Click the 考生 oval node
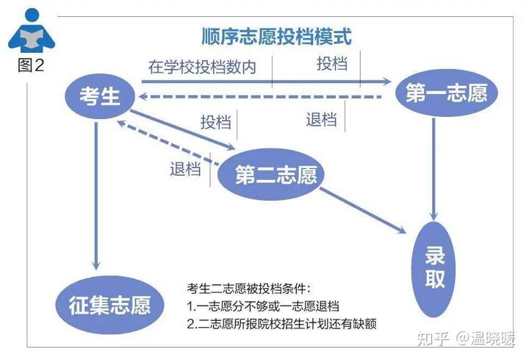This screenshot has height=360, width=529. [100, 96]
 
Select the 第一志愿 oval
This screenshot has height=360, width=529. [447, 93]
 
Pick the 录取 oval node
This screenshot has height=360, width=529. [434, 269]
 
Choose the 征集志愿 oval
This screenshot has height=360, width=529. [109, 305]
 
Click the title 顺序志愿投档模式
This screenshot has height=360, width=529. [277, 37]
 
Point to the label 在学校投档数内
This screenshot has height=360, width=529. [202, 67]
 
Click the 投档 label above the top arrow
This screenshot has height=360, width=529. [332, 63]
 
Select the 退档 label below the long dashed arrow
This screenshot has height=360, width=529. [321, 120]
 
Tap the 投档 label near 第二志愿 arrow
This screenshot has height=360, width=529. [216, 122]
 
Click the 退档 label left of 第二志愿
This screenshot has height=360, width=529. [185, 169]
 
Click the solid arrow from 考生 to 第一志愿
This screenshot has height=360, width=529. [267, 82]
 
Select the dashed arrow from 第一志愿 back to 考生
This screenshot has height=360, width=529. [260, 97]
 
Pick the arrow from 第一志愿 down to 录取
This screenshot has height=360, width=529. [434, 170]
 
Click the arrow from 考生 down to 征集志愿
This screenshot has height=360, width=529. [96, 196]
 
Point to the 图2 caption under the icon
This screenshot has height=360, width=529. [31, 65]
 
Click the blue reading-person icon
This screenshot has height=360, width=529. [32, 30]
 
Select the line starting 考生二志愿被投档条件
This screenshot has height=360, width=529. [248, 289]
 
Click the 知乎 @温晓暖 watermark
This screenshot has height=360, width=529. [467, 339]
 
